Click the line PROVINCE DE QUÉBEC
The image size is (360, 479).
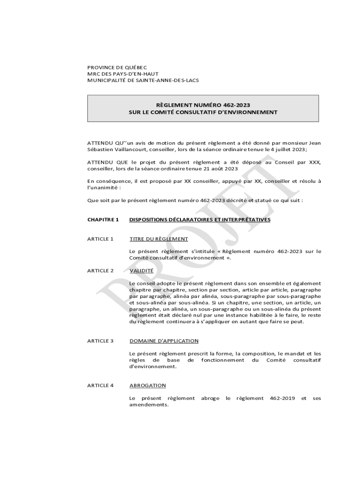[117, 67]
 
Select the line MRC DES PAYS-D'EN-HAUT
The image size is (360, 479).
[123, 74]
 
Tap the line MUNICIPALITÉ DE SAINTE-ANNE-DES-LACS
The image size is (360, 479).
[143, 80]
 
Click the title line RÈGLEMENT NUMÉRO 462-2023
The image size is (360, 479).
[203, 105]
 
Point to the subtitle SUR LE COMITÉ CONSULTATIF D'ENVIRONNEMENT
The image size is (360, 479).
[203, 112]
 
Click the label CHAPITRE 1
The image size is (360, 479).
[103, 219]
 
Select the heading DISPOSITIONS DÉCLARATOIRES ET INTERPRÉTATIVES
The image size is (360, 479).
[200, 219]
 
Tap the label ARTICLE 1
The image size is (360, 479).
[101, 239]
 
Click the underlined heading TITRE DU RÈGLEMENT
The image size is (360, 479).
[158, 239]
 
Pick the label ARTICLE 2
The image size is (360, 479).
[101, 271]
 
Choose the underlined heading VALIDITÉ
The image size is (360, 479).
[141, 271]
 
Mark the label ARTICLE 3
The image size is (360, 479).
[101, 341]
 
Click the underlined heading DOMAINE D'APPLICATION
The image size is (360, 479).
[164, 341]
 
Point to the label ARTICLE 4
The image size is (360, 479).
[101, 385]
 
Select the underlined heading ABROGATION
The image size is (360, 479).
[147, 385]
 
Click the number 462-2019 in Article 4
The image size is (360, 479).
[279, 398]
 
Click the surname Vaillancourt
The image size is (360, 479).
[127, 149]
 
